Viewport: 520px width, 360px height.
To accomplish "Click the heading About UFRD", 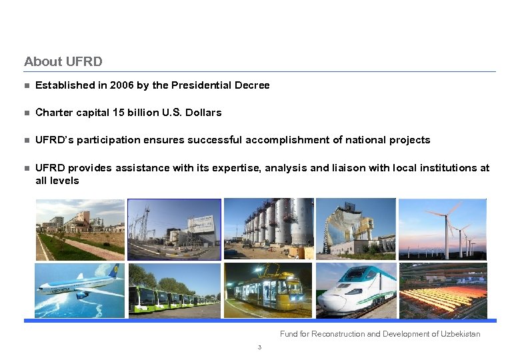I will point(63,61).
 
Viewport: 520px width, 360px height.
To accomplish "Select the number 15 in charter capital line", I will point(118,113).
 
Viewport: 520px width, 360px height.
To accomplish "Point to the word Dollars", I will point(203,113).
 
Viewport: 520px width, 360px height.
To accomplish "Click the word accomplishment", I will point(289,140).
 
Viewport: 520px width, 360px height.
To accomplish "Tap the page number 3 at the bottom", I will point(259,347).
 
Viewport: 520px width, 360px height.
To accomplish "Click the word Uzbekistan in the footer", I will point(460,334).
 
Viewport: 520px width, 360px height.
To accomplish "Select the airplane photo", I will point(79,290).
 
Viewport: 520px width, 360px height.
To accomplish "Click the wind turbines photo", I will point(443,229).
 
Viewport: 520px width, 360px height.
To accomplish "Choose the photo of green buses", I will point(174,290).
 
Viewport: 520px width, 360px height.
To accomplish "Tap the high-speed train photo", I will point(355,290).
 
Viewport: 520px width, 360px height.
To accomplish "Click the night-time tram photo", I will point(268,290).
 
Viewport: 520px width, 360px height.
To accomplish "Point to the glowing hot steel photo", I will point(443,290).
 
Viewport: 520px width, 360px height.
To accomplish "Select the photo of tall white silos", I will point(268,229).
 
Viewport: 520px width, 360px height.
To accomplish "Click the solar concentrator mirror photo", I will point(355,229).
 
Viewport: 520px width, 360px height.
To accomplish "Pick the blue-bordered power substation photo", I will point(174,229).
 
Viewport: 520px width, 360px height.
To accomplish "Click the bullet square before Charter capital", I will point(27,113).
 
